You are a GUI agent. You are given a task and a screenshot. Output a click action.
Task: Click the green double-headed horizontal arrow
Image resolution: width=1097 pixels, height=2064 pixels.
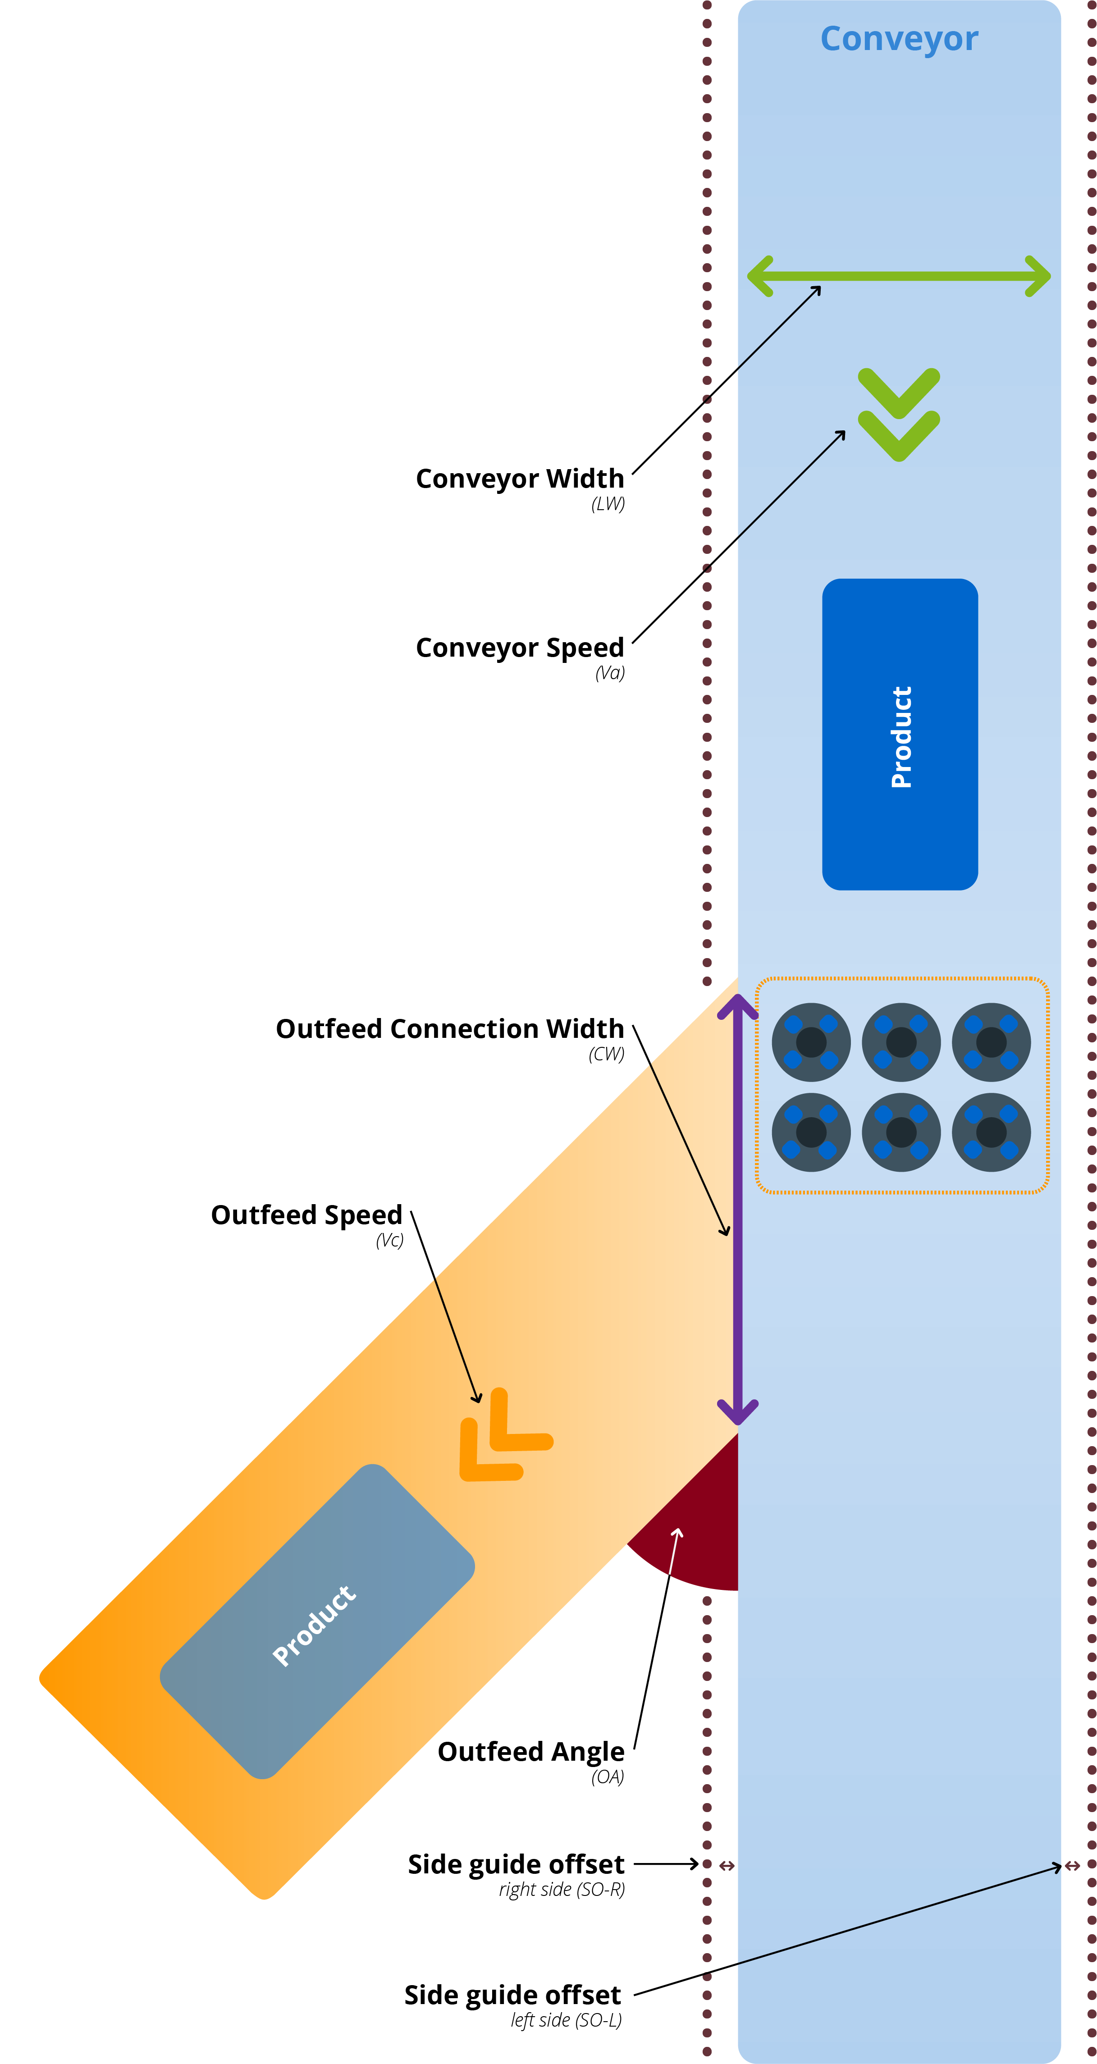[x=899, y=276]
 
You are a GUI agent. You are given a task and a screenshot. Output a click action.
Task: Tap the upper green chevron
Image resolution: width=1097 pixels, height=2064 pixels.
[x=899, y=393]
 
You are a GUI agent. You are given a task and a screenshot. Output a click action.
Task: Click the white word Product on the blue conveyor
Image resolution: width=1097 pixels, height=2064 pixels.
[x=901, y=737]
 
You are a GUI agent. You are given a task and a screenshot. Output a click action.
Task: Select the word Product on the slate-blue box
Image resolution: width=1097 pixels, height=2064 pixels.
[x=314, y=1626]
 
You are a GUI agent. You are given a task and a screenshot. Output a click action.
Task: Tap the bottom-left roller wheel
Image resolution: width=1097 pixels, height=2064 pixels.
[x=811, y=1132]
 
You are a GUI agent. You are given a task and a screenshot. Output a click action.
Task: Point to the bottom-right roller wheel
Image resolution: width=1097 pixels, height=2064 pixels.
[x=991, y=1132]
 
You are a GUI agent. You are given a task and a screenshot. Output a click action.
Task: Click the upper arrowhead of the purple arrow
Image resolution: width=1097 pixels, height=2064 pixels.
[x=738, y=1005]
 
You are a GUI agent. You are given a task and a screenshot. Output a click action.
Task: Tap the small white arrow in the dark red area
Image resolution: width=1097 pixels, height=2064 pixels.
[x=675, y=1550]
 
